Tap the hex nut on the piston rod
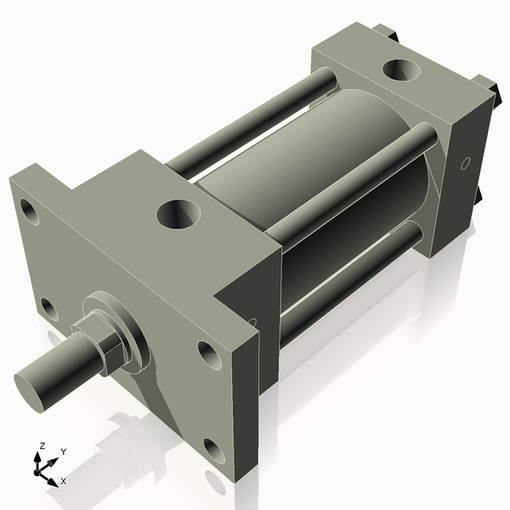pyautogui.click(x=99, y=343)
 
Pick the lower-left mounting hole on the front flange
pyautogui.click(x=49, y=308)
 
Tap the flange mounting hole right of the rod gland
pyautogui.click(x=209, y=354)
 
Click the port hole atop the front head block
pyautogui.click(x=179, y=212)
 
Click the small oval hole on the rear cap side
pyautogui.click(x=464, y=163)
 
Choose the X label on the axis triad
pyautogui.click(x=63, y=481)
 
